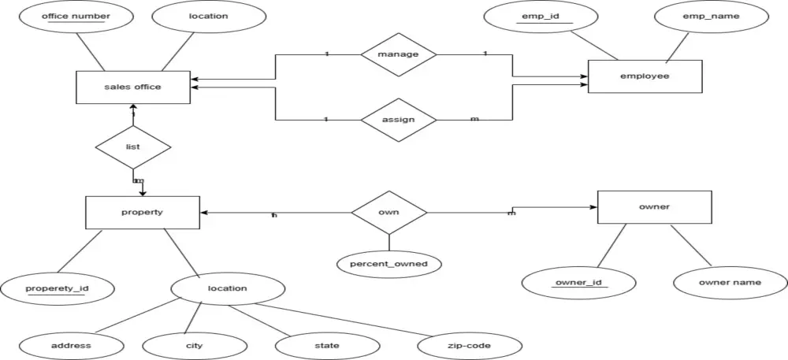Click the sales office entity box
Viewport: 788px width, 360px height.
click(132, 87)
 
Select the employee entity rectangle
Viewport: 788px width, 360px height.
click(645, 76)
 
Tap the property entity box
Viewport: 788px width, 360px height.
click(142, 213)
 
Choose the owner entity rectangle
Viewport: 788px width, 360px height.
click(654, 207)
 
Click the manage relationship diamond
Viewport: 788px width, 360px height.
click(398, 54)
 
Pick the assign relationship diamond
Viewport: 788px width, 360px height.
click(398, 121)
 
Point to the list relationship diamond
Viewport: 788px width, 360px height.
click(132, 147)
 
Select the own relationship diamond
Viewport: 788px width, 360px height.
click(388, 213)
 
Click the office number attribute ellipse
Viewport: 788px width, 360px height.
click(76, 17)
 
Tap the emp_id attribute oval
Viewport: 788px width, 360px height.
click(541, 17)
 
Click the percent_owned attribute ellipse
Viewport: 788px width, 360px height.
click(388, 264)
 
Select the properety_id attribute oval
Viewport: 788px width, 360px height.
click(58, 289)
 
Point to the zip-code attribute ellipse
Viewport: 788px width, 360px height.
click(469, 346)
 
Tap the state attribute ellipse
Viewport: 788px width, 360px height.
click(326, 346)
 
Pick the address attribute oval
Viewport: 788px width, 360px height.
click(71, 346)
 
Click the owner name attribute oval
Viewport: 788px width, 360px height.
click(730, 282)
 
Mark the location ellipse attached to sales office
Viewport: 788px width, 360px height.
click(208, 17)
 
